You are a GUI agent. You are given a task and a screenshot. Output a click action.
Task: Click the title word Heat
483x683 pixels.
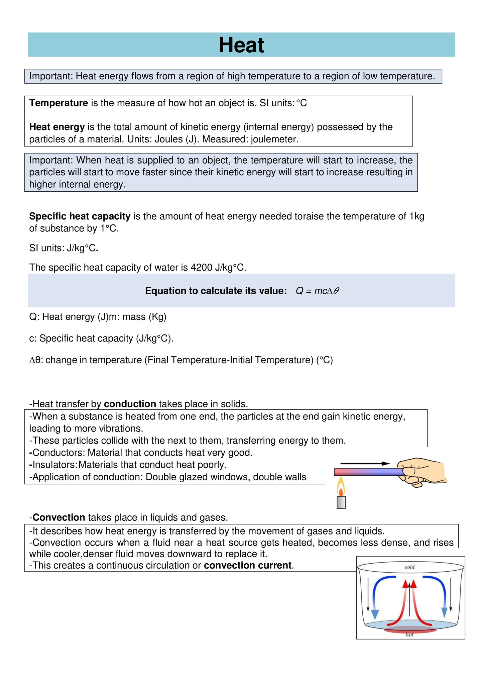pyautogui.click(x=241, y=45)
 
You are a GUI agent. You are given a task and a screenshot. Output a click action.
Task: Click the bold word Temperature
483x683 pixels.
pyautogui.click(x=58, y=103)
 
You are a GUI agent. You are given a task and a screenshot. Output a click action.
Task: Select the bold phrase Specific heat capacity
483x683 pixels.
pyautogui.click(x=80, y=216)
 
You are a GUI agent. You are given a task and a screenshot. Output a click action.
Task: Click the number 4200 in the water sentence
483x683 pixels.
pyautogui.click(x=201, y=268)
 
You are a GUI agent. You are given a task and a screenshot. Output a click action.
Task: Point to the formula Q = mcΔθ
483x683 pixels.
pyautogui.click(x=317, y=291)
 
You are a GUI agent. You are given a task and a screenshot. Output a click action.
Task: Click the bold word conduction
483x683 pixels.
pyautogui.click(x=130, y=404)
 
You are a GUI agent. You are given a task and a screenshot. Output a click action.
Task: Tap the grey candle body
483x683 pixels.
pyautogui.click(x=341, y=502)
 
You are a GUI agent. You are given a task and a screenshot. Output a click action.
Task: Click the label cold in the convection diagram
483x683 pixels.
pyautogui.click(x=409, y=567)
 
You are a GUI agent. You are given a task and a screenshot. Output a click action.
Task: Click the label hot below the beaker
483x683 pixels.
pyautogui.click(x=409, y=635)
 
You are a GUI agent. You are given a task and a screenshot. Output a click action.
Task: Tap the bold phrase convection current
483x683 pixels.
pyautogui.click(x=248, y=566)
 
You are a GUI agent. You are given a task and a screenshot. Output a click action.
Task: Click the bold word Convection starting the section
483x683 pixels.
pyautogui.click(x=59, y=518)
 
